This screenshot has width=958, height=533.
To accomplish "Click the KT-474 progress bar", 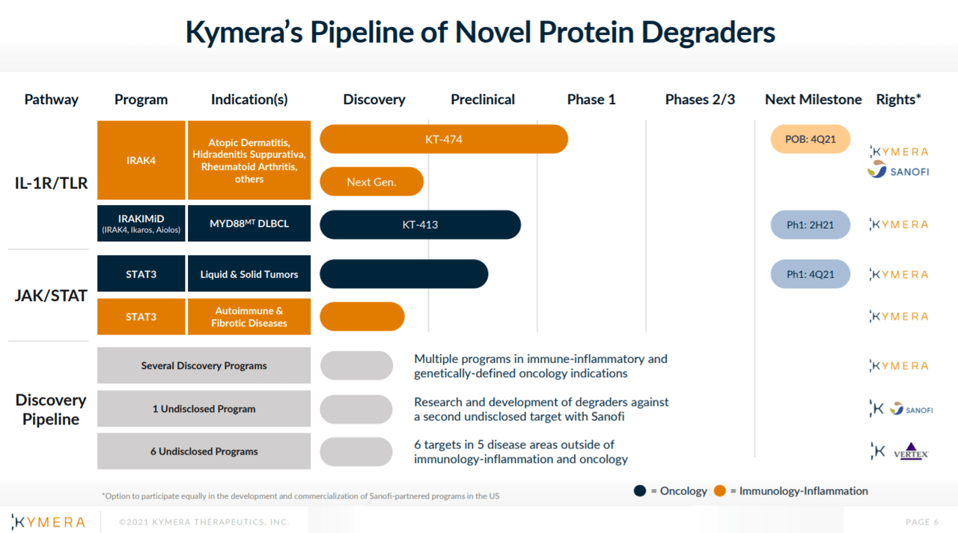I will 443,139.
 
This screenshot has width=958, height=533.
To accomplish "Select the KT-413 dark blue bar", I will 420,225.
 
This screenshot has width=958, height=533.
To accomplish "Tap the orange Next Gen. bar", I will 371,182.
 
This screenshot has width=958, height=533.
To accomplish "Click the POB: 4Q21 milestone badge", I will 811,139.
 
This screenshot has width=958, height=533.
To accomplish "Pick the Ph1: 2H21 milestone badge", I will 811,225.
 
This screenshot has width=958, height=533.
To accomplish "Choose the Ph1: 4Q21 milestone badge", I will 811,274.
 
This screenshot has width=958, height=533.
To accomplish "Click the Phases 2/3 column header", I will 700,100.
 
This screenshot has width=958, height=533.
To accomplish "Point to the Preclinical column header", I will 483,100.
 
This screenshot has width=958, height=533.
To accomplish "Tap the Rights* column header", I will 898,100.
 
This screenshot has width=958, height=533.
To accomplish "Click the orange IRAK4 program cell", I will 141,160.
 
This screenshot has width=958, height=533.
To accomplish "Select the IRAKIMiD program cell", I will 141,224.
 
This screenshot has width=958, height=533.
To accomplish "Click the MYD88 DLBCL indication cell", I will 249,224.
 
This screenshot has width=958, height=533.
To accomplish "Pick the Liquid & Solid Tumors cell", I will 249,274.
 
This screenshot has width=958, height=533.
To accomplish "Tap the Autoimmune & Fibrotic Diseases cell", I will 249,317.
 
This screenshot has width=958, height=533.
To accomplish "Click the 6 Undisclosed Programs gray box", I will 204,451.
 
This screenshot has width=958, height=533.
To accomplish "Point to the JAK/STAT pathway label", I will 51,296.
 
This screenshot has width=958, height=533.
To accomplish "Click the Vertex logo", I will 911,452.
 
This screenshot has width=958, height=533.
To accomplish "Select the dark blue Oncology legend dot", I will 640,491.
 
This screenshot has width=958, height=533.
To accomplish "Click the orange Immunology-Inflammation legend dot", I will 720,491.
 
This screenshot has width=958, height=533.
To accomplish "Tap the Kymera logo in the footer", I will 49,522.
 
